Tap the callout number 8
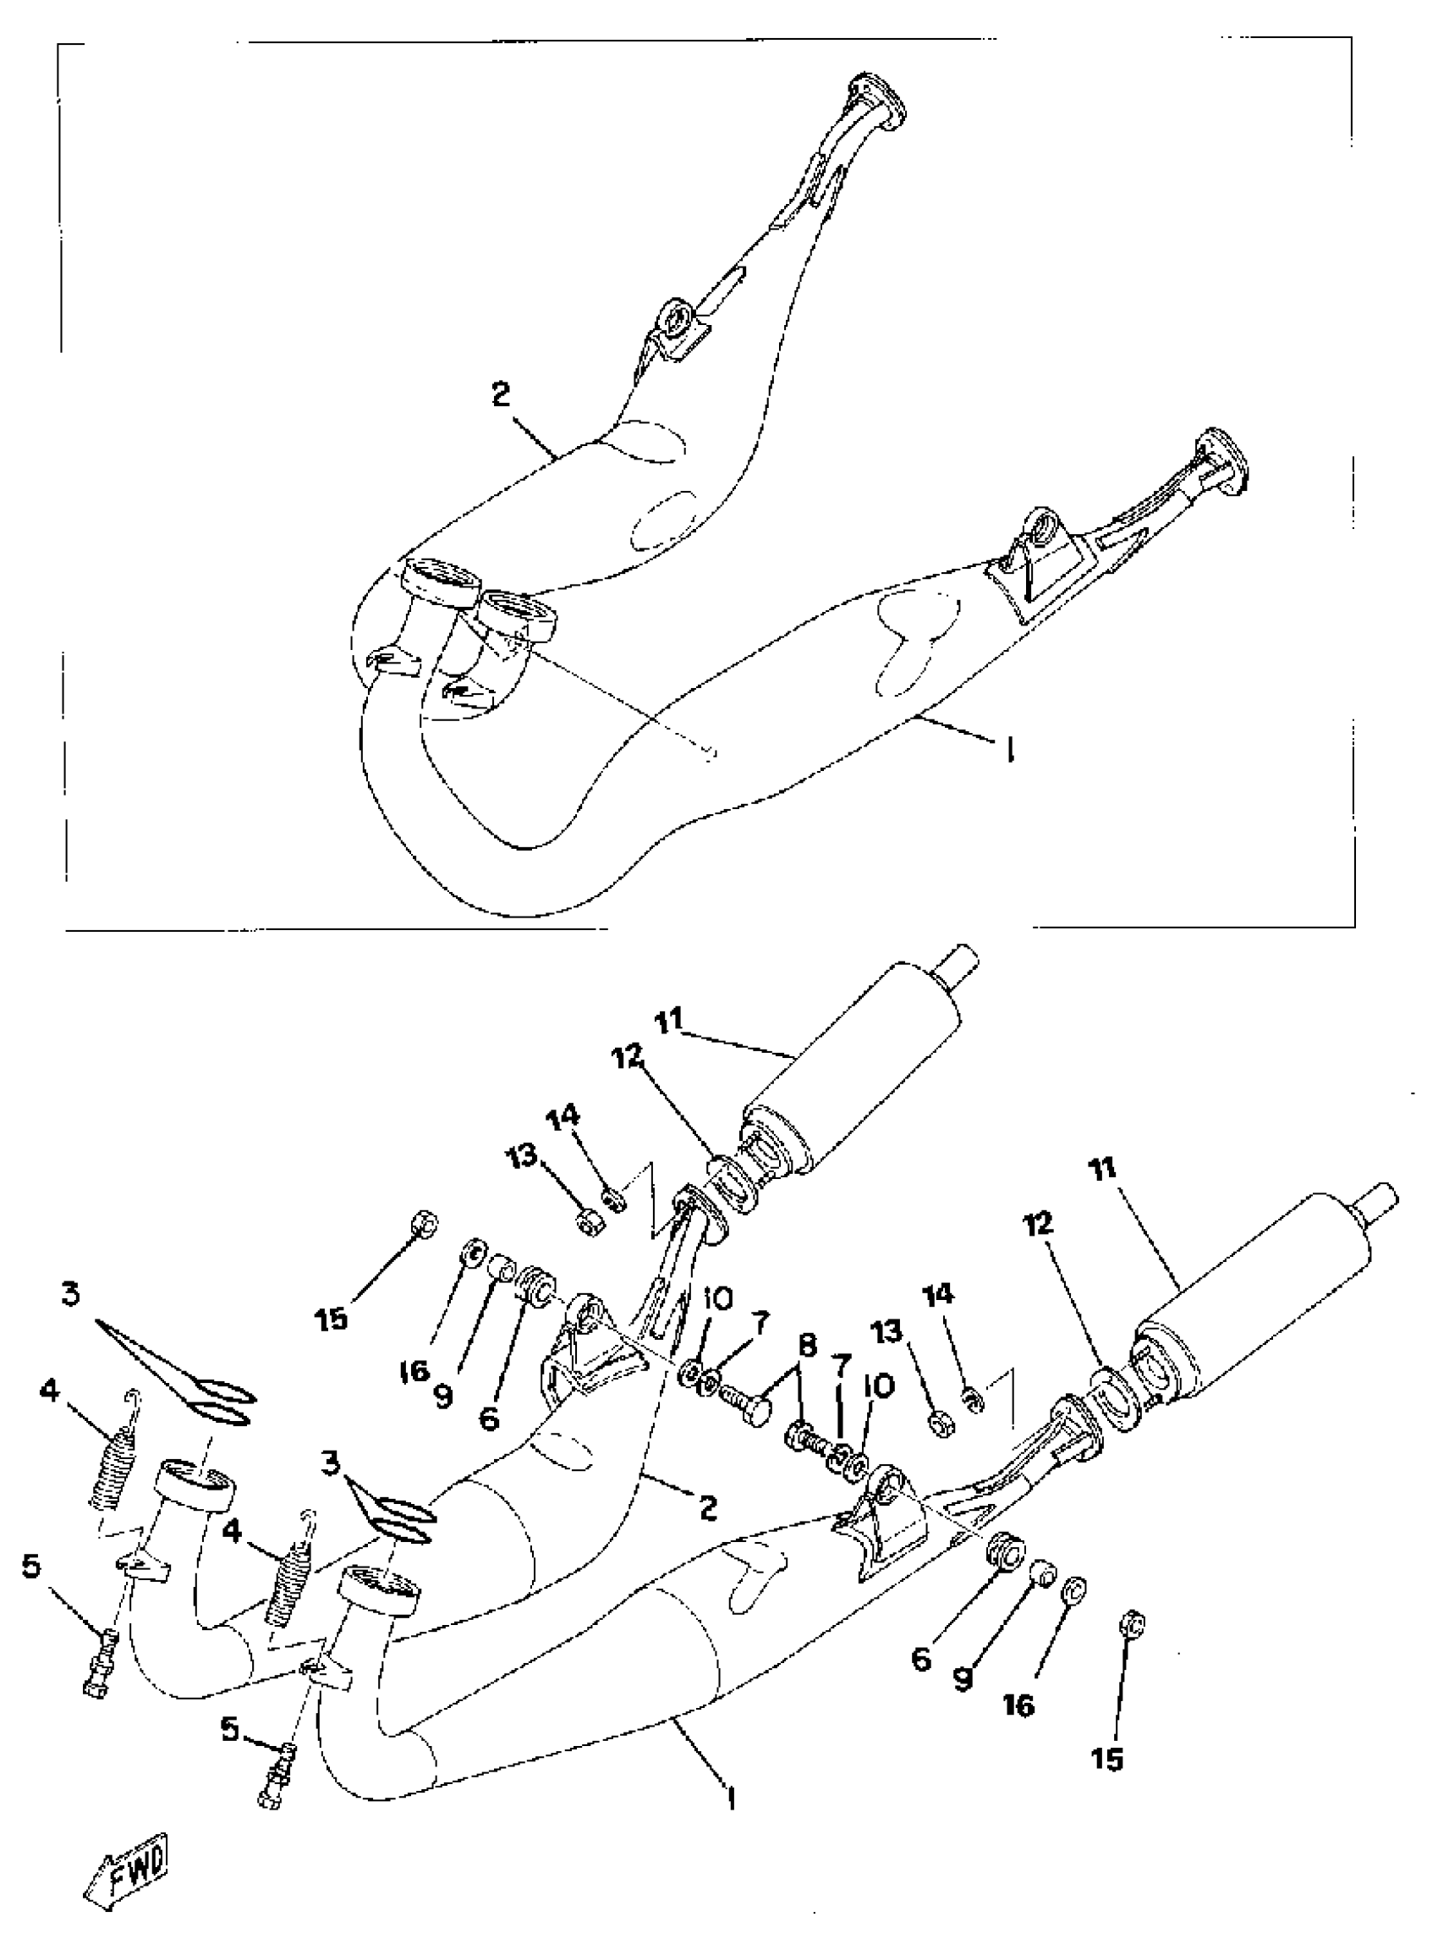807,1347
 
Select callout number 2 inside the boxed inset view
500,394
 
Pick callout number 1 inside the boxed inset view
1010,749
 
